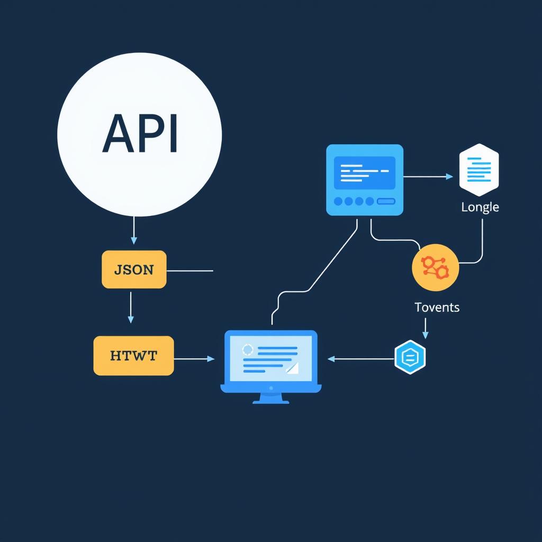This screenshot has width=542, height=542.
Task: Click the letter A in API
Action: click(118, 133)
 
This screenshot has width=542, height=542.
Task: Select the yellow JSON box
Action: click(134, 269)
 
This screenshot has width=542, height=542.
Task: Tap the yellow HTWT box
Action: click(133, 355)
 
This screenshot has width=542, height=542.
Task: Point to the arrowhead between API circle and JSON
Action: click(134, 241)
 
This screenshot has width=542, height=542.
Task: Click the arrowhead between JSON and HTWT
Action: click(131, 319)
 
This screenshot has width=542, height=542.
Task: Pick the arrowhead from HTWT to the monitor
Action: click(211, 359)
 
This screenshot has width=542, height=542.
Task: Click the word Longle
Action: click(480, 207)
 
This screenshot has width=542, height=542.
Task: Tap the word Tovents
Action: click(437, 307)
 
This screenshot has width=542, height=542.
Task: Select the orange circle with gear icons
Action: click(435, 267)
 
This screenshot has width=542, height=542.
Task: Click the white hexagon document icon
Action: click(478, 170)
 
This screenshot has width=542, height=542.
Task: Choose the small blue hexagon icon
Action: click(410, 357)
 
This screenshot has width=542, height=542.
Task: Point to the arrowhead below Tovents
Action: click(426, 335)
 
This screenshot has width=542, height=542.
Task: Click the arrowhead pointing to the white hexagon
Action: click(449, 177)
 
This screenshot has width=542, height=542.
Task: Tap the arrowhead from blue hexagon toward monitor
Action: click(331, 359)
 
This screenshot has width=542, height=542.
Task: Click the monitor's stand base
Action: click(271, 402)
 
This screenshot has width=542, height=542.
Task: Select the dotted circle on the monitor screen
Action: click(248, 349)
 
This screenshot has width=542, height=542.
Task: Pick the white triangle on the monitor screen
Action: click(293, 368)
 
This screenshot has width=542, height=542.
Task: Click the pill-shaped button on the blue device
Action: click(386, 201)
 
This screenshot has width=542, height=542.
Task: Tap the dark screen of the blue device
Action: click(365, 173)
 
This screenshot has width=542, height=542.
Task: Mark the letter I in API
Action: click(174, 133)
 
